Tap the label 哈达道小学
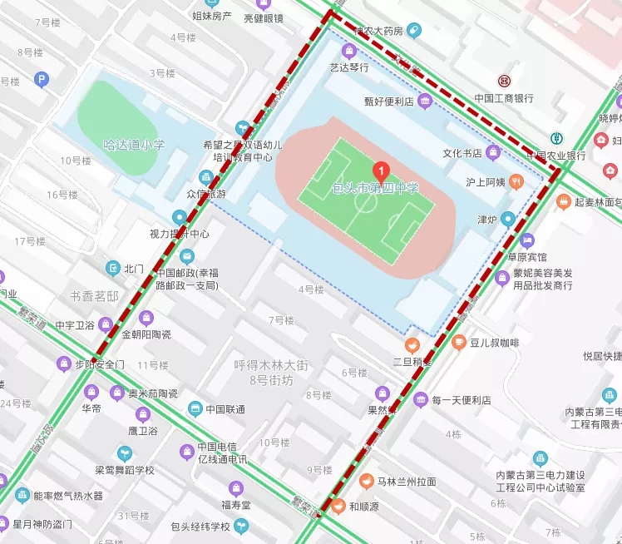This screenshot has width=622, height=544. click(134, 145)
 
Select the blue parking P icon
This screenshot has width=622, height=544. click(42, 80)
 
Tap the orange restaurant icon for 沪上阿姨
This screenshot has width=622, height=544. click(516, 181)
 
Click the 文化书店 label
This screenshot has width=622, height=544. click(462, 153)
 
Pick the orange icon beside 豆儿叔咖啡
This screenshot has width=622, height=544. click(458, 342)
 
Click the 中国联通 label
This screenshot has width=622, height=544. click(225, 408)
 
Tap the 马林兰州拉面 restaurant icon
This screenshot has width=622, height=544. click(366, 481)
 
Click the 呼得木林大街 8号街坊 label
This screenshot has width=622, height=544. click(270, 372)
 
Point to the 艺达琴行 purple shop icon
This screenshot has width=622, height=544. click(348, 51)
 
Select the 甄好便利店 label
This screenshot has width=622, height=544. click(388, 102)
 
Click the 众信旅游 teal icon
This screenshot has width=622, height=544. click(206, 177)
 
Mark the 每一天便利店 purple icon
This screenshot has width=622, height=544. click(421, 400)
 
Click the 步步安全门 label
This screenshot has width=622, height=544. click(100, 364)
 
